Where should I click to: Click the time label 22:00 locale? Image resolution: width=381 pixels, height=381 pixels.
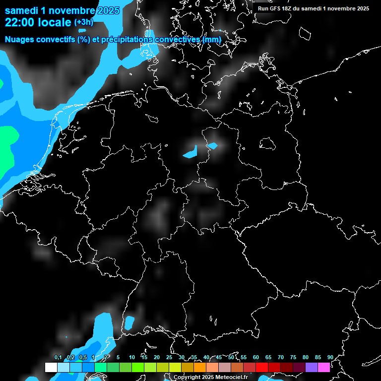click(38, 22)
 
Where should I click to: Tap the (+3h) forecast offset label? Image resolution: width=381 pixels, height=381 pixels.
click(83, 22)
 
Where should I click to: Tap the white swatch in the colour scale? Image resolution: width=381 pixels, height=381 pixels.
click(51, 368)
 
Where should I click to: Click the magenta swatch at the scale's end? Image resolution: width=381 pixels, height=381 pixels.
click(324, 368)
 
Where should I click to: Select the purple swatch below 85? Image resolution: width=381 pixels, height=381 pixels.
click(312, 368)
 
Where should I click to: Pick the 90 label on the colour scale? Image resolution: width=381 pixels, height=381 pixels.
click(330, 357)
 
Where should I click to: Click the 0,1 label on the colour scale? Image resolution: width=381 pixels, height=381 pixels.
click(58, 357)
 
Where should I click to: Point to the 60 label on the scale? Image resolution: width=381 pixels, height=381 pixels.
click(256, 357)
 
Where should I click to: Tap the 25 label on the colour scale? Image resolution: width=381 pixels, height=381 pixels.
click(169, 357)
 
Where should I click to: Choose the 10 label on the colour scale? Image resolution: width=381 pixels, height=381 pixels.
click(132, 357)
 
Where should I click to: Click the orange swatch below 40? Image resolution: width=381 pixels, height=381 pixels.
click(200, 368)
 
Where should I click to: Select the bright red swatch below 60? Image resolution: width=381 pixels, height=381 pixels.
click(262, 368)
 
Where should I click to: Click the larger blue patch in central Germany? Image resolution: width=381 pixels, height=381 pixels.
click(190, 153)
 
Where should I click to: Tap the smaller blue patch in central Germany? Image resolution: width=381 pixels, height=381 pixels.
click(212, 145)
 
